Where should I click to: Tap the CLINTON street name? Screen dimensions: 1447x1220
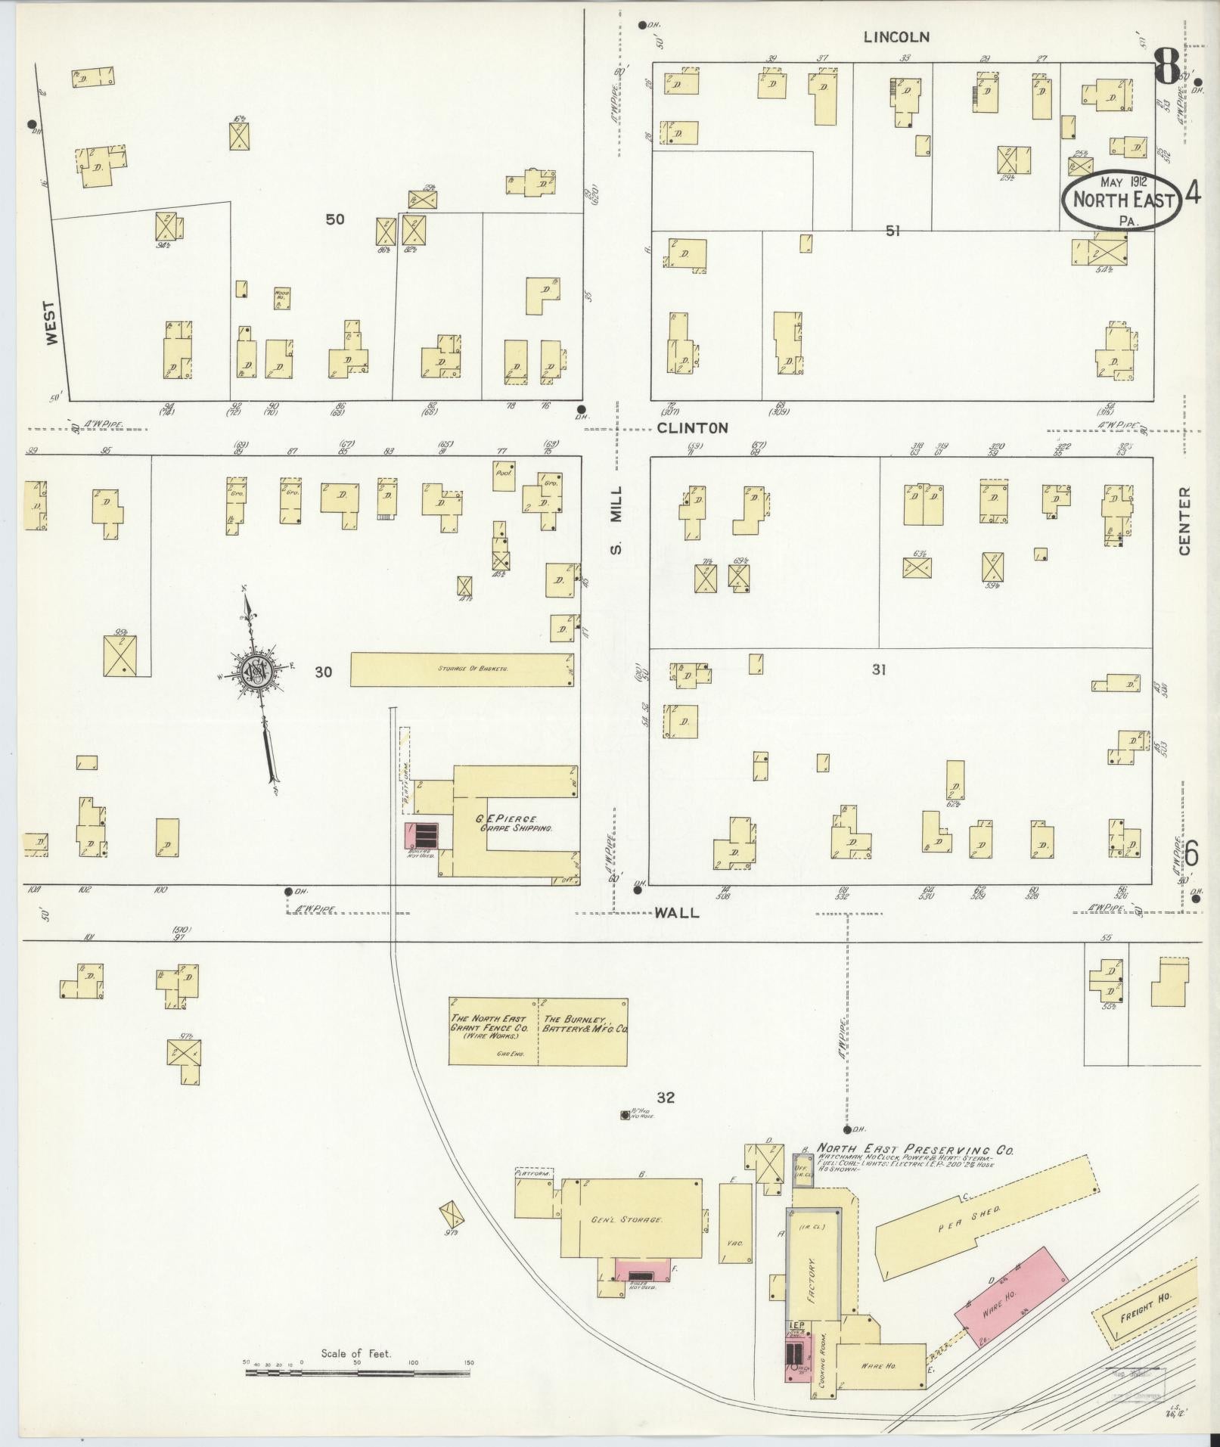(692, 428)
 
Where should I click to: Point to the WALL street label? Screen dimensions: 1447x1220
(676, 913)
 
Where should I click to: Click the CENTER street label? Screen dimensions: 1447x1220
(1184, 520)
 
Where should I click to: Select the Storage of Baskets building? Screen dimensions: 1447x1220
(461, 669)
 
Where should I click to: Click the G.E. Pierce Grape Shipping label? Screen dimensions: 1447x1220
(506, 823)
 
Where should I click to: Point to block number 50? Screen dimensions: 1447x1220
(334, 219)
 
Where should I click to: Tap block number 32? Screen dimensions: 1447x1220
(666, 1098)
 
